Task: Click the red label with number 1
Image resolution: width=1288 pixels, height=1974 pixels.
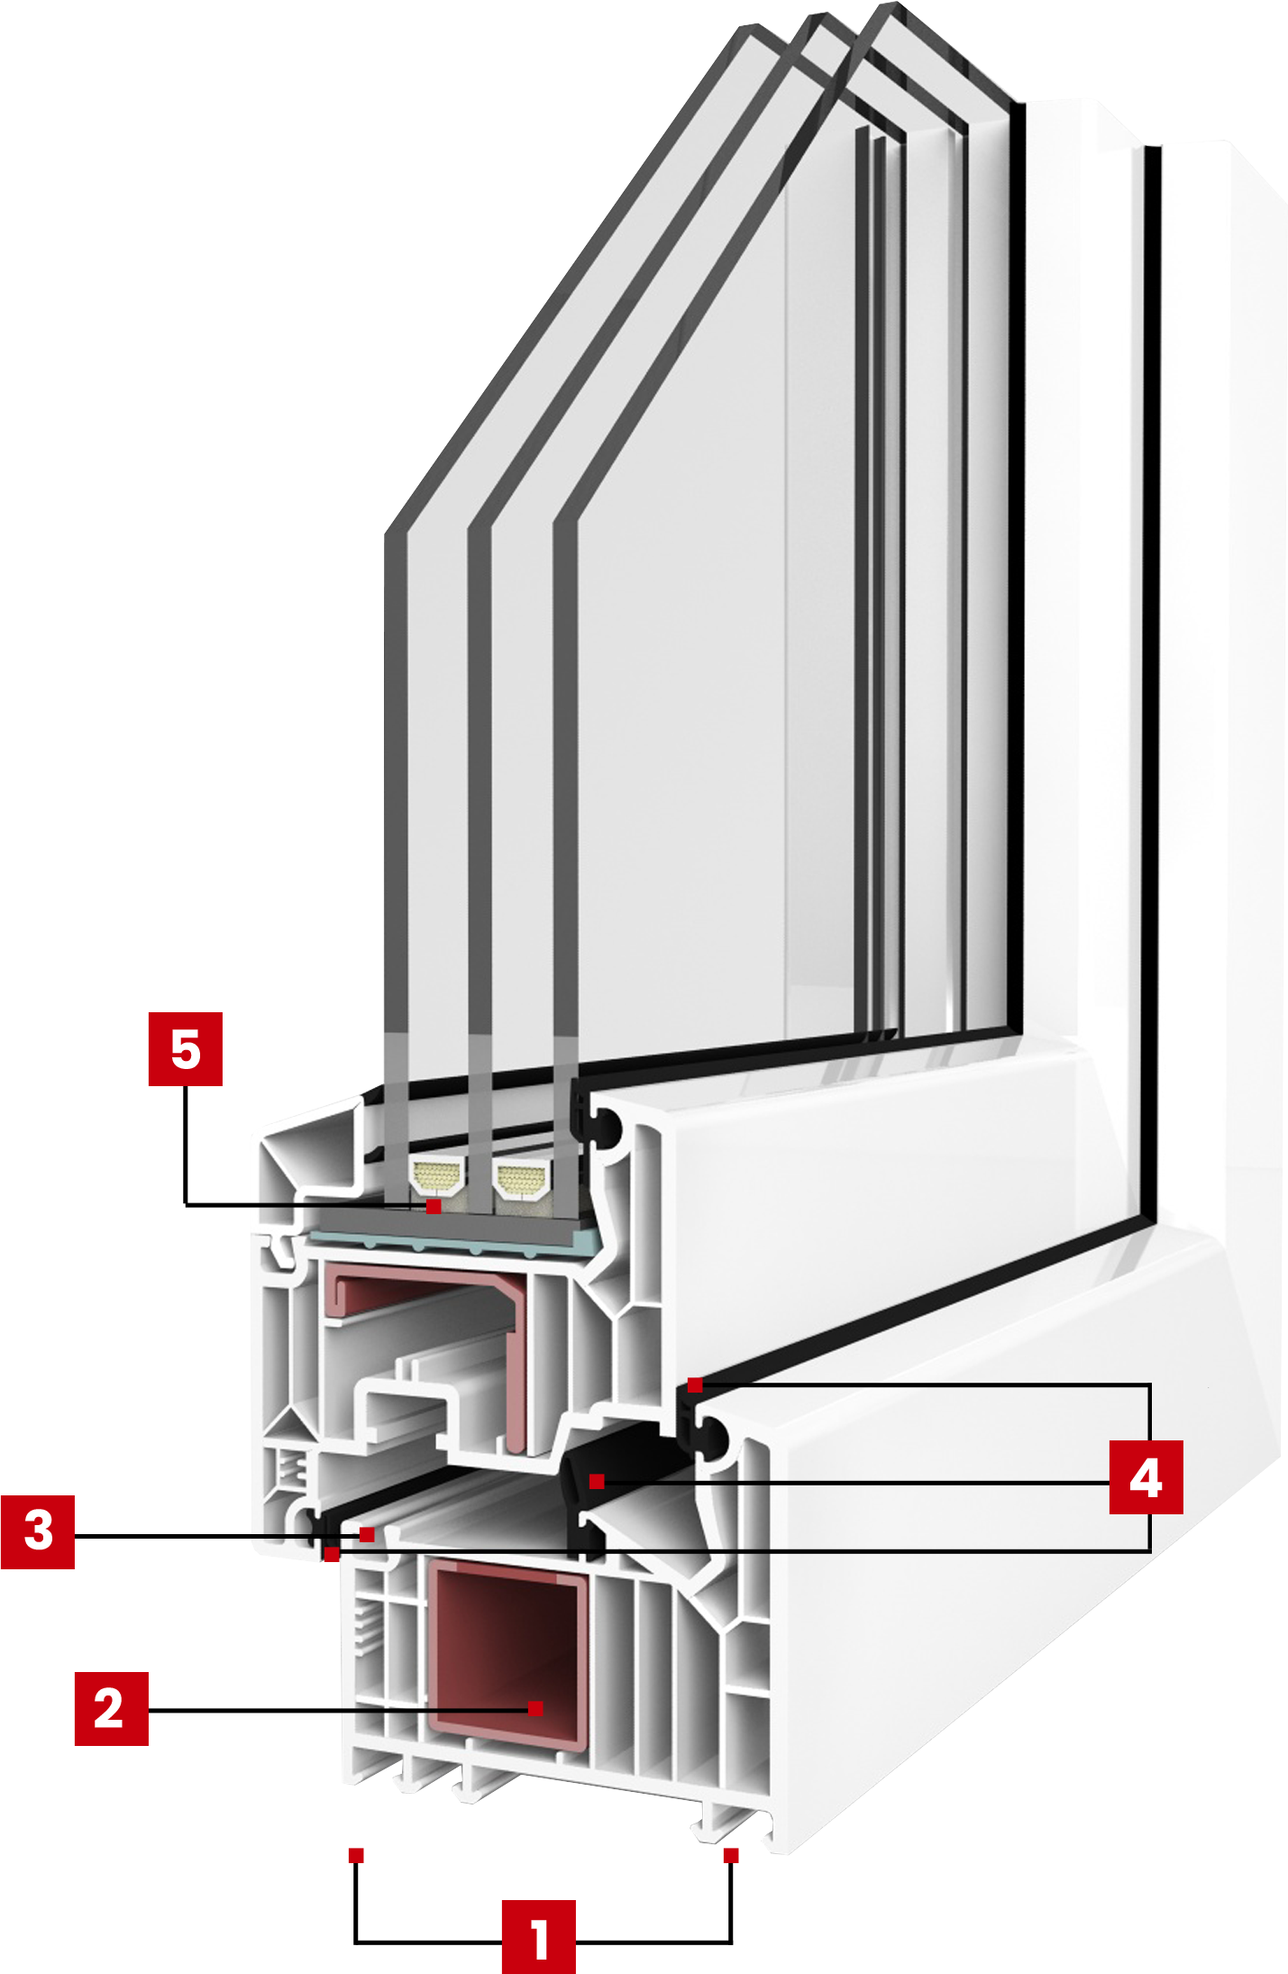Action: pos(538,1935)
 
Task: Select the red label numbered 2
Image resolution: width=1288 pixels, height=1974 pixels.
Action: pos(112,1708)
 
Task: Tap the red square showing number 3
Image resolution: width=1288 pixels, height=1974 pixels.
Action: pos(38,1531)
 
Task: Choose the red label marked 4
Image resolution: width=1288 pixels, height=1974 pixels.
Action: pos(1146,1476)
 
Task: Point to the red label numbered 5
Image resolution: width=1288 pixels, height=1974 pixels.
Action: pos(186,1049)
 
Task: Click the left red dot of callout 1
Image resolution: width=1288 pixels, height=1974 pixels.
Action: pos(356,1855)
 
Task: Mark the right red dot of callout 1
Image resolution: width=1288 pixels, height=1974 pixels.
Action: pos(731,1855)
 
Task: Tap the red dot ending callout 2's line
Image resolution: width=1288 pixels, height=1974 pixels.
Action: pos(535,1708)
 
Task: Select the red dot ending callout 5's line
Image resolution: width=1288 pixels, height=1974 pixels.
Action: pos(434,1206)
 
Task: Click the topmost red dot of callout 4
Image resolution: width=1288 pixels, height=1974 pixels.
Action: pos(695,1385)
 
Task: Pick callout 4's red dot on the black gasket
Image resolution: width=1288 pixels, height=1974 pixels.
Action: pos(597,1481)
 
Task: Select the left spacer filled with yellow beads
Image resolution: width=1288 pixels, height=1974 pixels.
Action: pos(437,1175)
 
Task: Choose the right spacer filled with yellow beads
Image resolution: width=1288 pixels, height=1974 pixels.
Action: pos(521,1177)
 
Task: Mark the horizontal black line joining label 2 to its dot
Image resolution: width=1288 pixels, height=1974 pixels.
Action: pos(333,1709)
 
